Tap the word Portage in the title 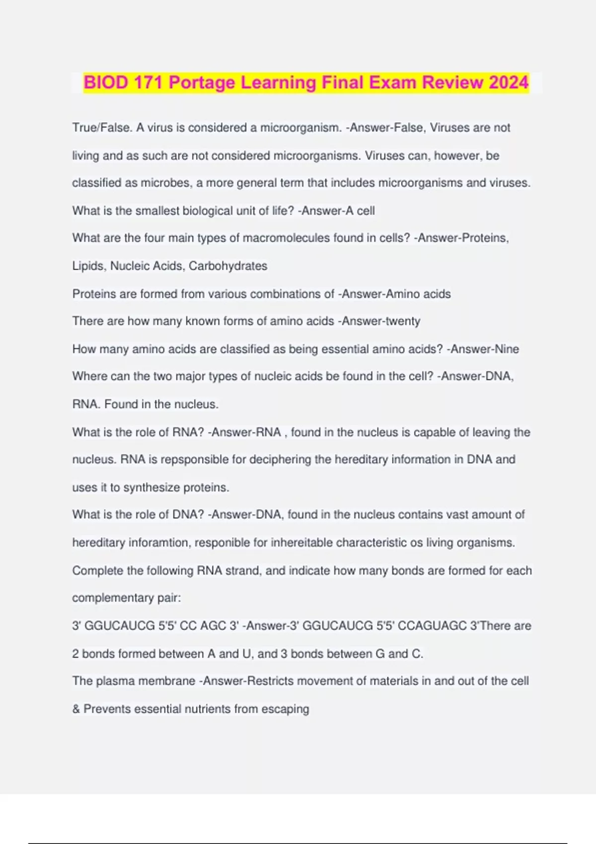pyautogui.click(x=202, y=82)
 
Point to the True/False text pyautogui.click(x=102, y=128)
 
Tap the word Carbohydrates pyautogui.click(x=228, y=266)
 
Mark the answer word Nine pyautogui.click(x=507, y=349)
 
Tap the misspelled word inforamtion pyautogui.click(x=159, y=543)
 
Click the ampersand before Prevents pyautogui.click(x=76, y=709)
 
